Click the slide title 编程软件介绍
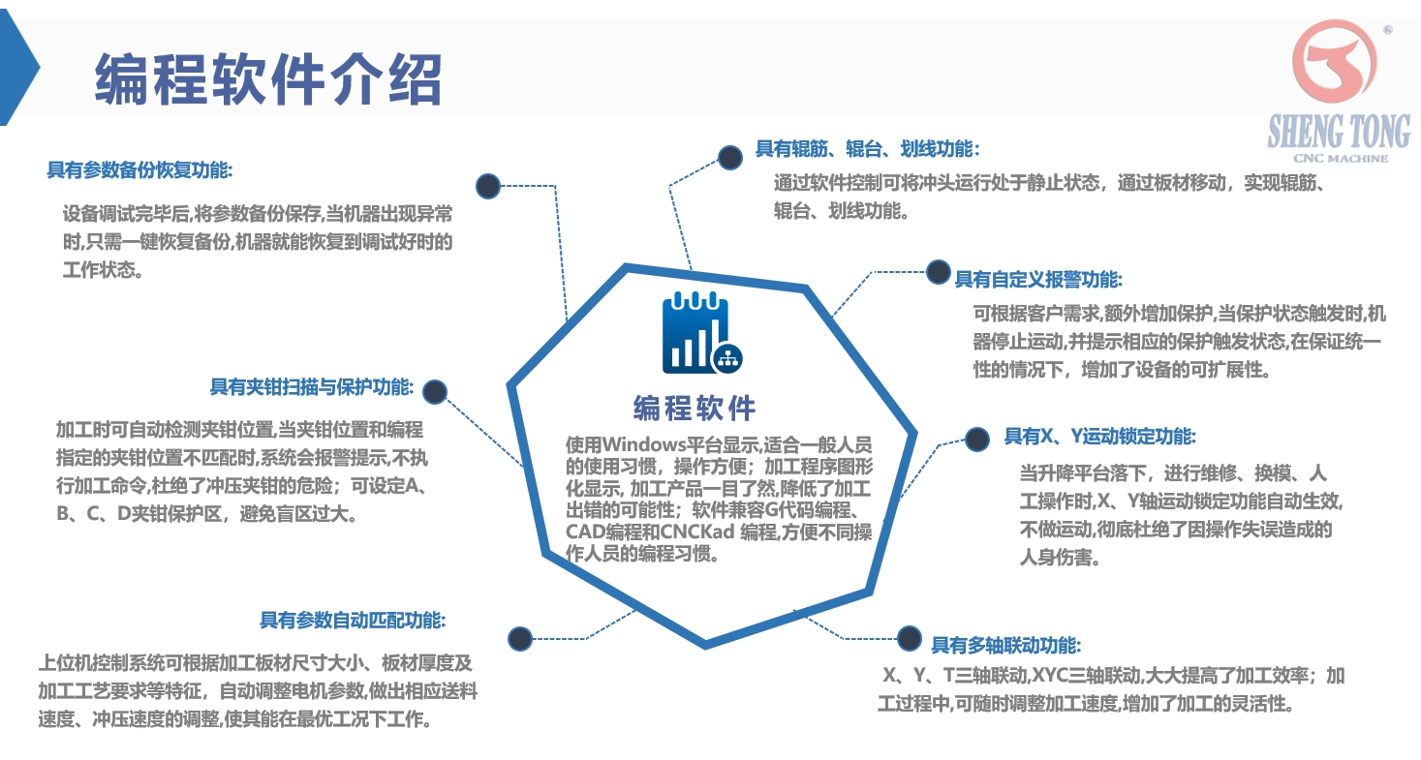tap(268, 78)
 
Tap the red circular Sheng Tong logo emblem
tap(1335, 62)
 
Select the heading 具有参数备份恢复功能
tap(140, 169)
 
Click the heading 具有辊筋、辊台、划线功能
tap(867, 149)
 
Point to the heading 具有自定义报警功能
tap(1038, 280)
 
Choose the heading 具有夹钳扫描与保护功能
tap(312, 386)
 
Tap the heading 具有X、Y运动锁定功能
tap(1100, 436)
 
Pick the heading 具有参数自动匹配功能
tap(353, 620)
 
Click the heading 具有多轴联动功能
tap(1005, 645)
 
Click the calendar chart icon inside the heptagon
tap(701, 333)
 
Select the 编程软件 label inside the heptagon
tap(695, 409)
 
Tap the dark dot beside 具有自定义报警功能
tap(939, 272)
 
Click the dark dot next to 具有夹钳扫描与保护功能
tap(435, 392)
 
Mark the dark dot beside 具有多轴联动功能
tap(909, 638)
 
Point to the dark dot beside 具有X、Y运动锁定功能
tap(977, 440)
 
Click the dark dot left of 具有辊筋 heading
tap(730, 157)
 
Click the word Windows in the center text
tap(644, 444)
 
